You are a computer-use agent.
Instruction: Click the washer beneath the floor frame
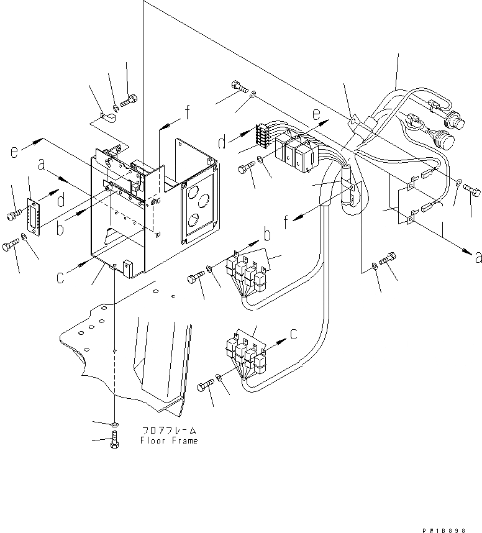tap(115, 424)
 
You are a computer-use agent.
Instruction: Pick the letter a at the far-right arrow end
tap(477, 257)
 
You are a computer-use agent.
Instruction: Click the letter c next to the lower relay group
tap(294, 333)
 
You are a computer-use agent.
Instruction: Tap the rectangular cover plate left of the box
tap(33, 217)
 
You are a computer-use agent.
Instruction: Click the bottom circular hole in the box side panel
tap(193, 221)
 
